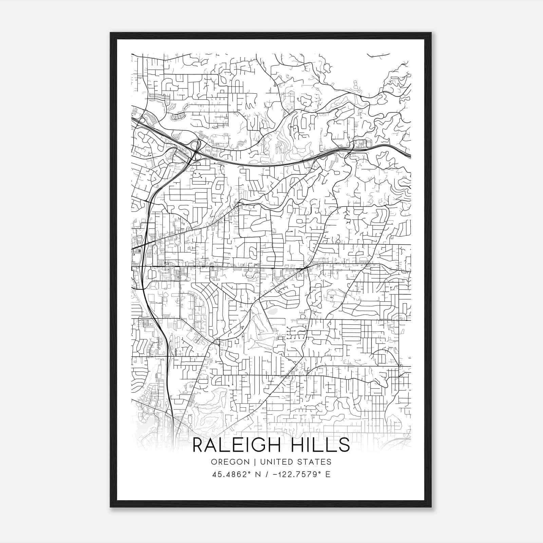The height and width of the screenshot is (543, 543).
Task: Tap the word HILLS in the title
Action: click(320, 445)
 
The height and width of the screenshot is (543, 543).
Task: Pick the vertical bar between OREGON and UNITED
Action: click(250, 462)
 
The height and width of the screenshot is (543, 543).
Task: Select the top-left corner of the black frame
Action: click(111, 33)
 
